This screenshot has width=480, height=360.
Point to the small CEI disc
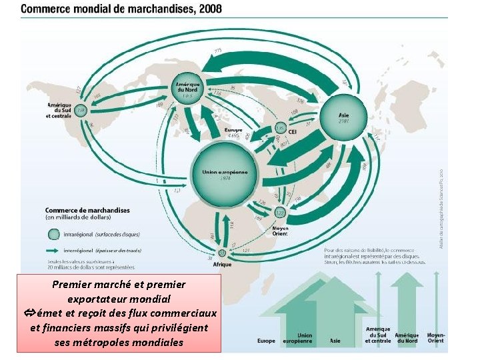point(281,127)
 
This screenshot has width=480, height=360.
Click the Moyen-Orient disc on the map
point(280,212)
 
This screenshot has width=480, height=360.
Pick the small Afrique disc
point(222,253)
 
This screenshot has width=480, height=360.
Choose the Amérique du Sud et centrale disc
point(81,109)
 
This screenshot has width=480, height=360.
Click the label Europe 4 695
point(233,131)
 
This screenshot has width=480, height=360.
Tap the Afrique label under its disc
point(222,264)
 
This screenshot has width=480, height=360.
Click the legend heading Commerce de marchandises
point(87,210)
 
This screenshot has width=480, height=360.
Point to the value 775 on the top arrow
point(218,51)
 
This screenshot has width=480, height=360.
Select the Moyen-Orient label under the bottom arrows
point(435,338)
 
